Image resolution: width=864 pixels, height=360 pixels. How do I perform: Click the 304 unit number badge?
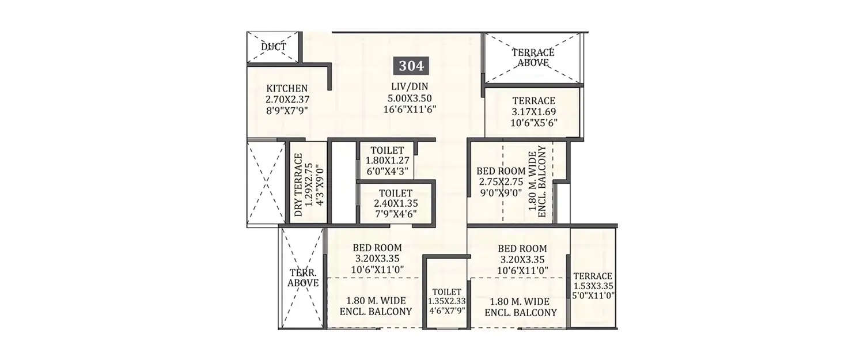coord(411,66)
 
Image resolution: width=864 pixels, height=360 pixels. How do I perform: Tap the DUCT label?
coord(274,47)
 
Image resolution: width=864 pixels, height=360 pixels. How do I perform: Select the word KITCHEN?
coord(287,88)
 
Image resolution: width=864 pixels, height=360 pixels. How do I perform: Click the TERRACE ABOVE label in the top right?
coord(533,58)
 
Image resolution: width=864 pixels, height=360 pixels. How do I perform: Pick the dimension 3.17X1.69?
coord(533,112)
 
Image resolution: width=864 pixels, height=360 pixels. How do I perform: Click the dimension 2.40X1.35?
coord(395,203)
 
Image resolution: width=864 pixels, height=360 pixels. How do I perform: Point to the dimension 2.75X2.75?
coord(500,181)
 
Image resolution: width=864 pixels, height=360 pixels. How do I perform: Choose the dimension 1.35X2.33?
coord(446,301)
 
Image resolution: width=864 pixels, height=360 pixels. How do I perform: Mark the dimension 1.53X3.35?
coord(593,286)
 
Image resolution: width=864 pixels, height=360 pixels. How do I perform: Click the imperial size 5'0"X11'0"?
coord(593,295)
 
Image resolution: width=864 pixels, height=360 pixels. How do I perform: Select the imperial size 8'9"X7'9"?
coord(287,109)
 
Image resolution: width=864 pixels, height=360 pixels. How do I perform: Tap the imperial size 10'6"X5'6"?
coord(533,122)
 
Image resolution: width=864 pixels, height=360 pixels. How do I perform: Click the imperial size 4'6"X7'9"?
coord(446,310)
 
